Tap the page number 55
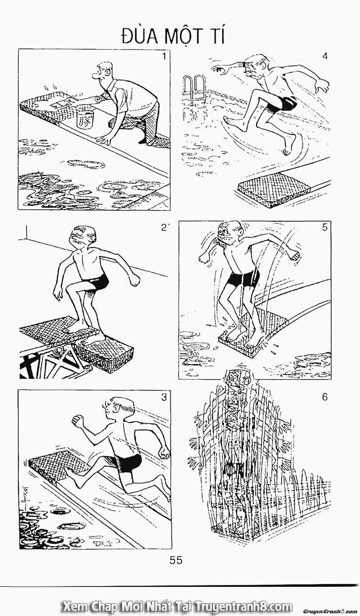[176, 560]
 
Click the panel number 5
[325, 227]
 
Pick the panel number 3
[164, 397]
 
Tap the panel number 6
[325, 397]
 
